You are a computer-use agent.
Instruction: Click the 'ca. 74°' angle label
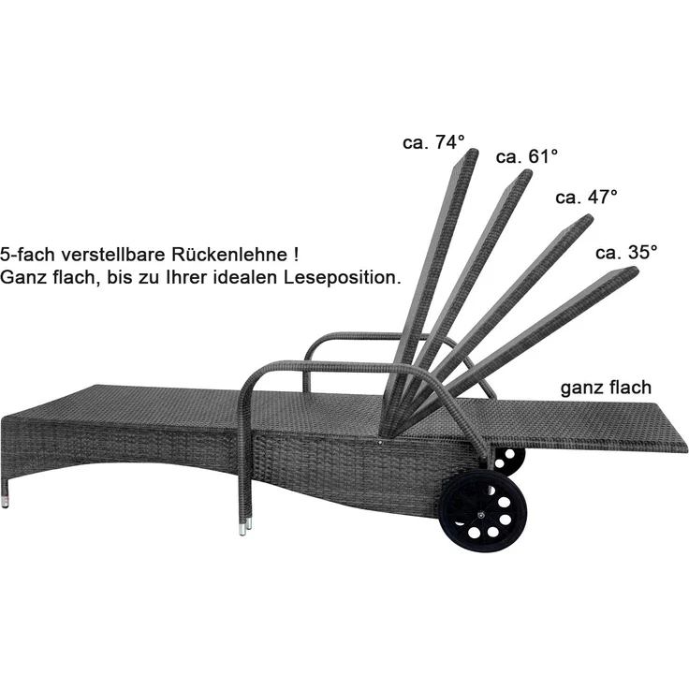click(x=433, y=142)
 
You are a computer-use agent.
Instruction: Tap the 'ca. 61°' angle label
click(x=527, y=157)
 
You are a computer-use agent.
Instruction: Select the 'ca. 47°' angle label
click(x=586, y=198)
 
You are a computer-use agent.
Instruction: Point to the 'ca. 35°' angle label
click(x=626, y=253)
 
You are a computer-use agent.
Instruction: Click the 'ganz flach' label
click(x=606, y=388)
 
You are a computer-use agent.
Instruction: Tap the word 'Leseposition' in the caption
click(x=343, y=277)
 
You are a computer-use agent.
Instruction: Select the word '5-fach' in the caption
click(x=28, y=255)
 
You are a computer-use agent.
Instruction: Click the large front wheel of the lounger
click(x=483, y=511)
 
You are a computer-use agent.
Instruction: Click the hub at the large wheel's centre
click(x=481, y=512)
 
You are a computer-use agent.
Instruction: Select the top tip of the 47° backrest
click(x=587, y=218)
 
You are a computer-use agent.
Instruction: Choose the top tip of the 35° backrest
click(x=633, y=270)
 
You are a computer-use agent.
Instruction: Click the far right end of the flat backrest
click(x=686, y=446)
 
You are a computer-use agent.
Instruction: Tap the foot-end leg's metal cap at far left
click(x=5, y=502)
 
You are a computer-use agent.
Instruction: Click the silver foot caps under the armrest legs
click(x=245, y=526)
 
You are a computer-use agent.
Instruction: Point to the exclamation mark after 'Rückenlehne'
click(x=297, y=255)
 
